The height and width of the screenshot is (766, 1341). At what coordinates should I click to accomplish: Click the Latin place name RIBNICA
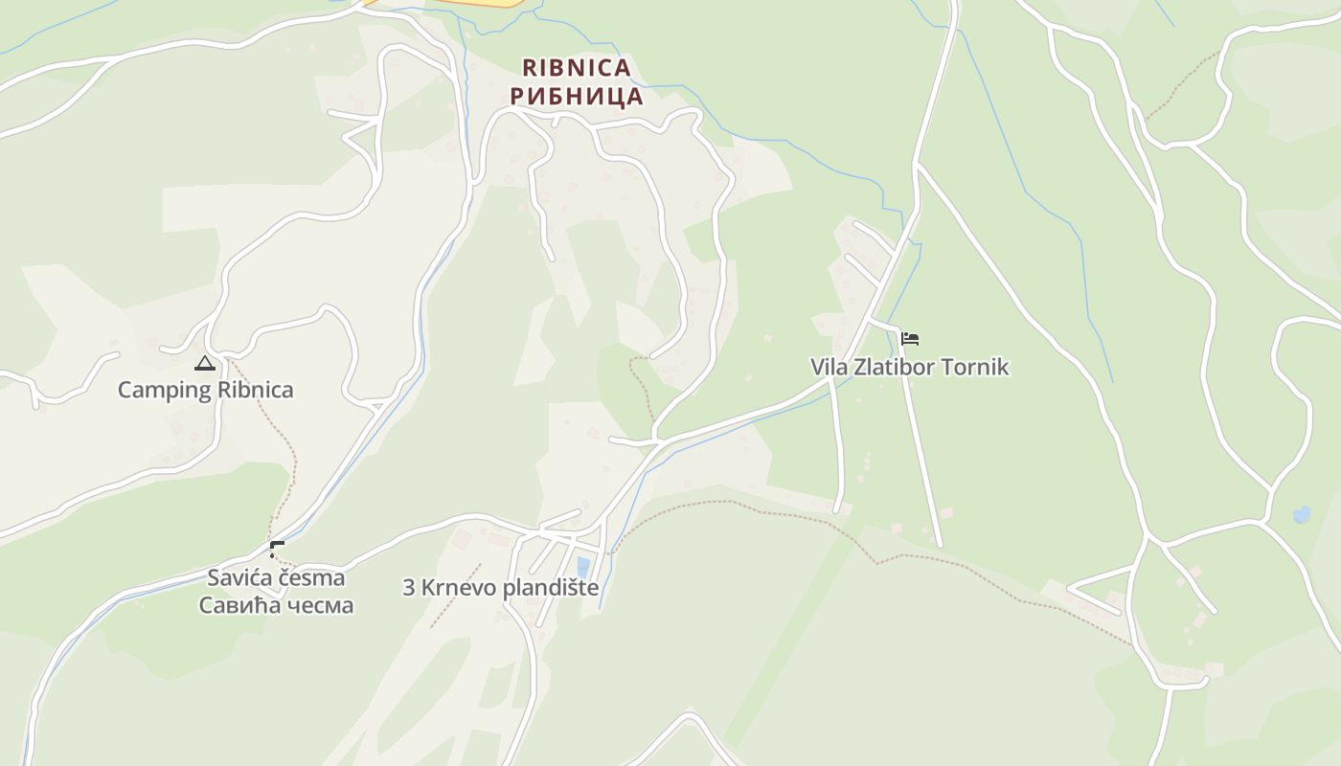[577, 68]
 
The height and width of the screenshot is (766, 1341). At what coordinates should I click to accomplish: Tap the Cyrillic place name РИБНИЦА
[577, 97]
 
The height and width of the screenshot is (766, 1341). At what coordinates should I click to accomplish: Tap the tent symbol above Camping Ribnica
[205, 363]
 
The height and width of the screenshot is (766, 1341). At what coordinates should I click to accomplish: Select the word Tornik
[983, 368]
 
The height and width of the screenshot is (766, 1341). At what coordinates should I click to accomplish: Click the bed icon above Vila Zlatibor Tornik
[910, 339]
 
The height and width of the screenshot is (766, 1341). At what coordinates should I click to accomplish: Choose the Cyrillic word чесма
[318, 606]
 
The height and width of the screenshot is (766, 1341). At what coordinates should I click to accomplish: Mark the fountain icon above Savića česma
[277, 550]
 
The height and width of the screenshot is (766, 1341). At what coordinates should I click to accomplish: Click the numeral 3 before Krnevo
[409, 588]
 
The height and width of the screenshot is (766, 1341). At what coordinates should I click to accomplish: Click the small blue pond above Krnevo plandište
[583, 567]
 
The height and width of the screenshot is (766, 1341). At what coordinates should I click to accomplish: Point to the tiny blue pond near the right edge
[1302, 515]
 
